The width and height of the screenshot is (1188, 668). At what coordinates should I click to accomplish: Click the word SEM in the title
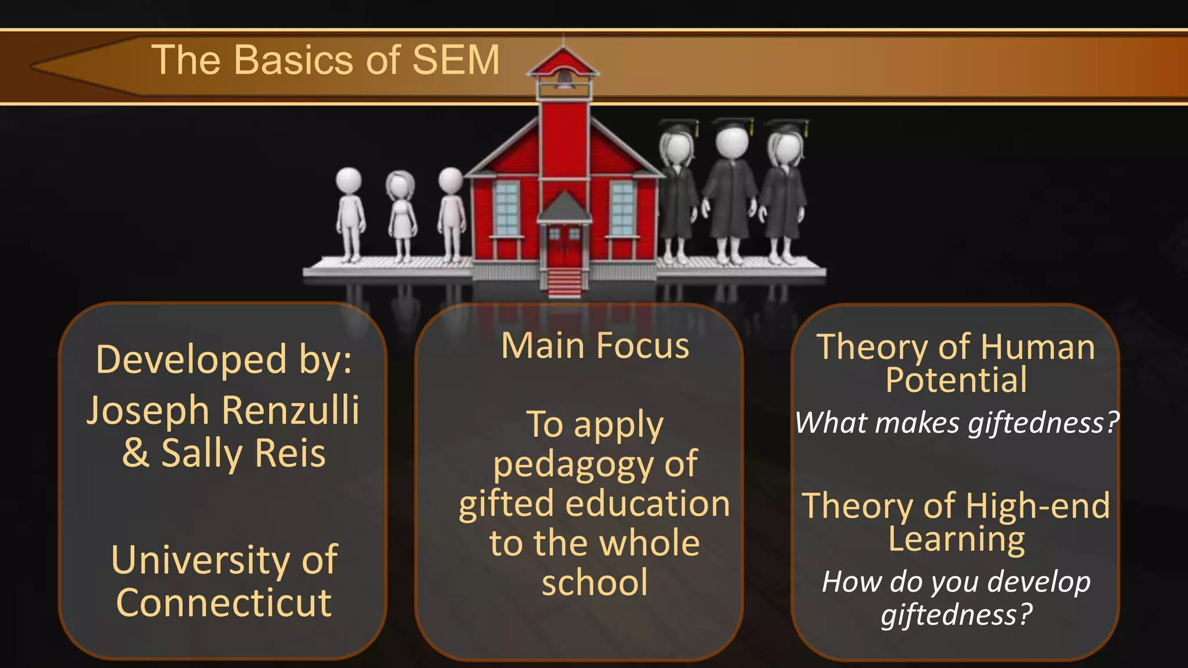click(455, 60)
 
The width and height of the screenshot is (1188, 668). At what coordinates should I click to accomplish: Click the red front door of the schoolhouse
click(564, 248)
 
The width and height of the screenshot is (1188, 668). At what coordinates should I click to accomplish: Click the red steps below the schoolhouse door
click(564, 282)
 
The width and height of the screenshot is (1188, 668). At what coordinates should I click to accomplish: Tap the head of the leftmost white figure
click(349, 180)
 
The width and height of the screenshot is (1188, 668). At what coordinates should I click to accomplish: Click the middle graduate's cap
click(732, 124)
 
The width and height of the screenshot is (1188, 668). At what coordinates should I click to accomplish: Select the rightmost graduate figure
click(783, 191)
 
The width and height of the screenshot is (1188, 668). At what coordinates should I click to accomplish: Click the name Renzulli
click(291, 411)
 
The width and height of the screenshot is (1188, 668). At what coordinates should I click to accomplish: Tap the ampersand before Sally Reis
click(135, 453)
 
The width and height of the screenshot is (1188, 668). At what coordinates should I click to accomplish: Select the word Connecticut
click(224, 603)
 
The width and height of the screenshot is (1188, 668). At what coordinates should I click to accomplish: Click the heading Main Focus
click(595, 346)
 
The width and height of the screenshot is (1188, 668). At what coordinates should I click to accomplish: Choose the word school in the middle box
click(595, 583)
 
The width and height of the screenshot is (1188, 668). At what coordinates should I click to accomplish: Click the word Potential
click(956, 380)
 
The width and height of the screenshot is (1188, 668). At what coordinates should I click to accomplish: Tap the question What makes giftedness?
click(956, 423)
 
